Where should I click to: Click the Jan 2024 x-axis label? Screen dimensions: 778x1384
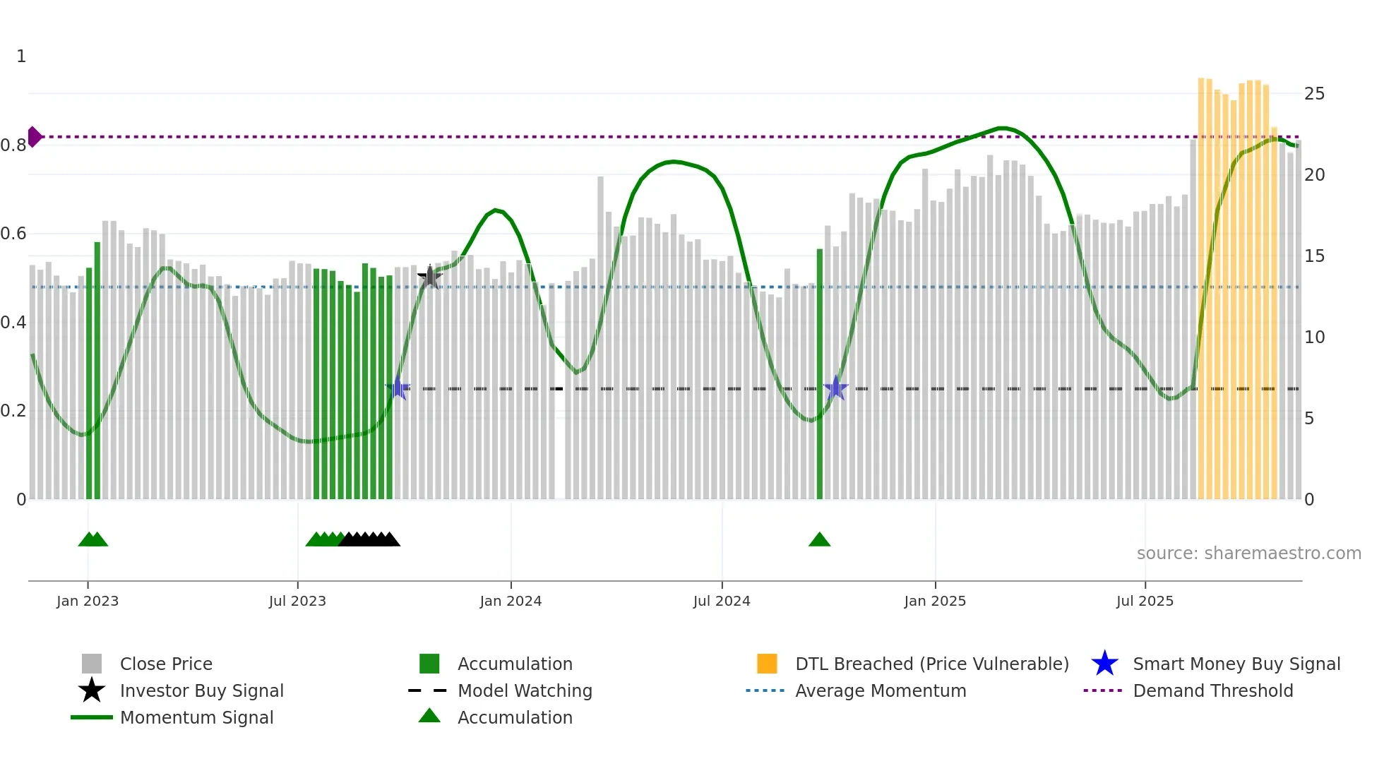511,602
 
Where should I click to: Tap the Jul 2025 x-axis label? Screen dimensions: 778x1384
1145,602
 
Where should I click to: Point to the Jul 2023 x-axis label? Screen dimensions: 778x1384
297,602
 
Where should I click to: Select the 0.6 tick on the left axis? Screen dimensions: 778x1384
13,234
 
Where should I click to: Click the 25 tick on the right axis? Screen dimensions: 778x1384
1314,94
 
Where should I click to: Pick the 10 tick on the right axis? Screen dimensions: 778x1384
1314,337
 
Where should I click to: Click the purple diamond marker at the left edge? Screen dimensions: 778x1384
34,137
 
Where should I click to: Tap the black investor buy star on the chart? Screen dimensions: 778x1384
429,277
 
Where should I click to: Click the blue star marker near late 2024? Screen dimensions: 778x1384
835,388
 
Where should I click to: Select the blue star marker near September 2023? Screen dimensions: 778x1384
398,388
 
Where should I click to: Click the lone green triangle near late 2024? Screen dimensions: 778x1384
819,540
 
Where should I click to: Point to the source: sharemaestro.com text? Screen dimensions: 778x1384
1248,553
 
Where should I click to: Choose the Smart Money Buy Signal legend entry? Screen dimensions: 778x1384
1236,664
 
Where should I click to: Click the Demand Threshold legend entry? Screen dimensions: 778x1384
1212,691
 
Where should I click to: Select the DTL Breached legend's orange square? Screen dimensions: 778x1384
767,664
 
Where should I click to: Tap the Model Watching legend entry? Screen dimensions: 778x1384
525,691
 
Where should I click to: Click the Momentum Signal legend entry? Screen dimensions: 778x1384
196,718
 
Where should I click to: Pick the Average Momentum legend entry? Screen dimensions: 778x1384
880,691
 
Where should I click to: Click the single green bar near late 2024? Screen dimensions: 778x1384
820,374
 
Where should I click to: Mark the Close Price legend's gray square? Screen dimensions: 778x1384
92,664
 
